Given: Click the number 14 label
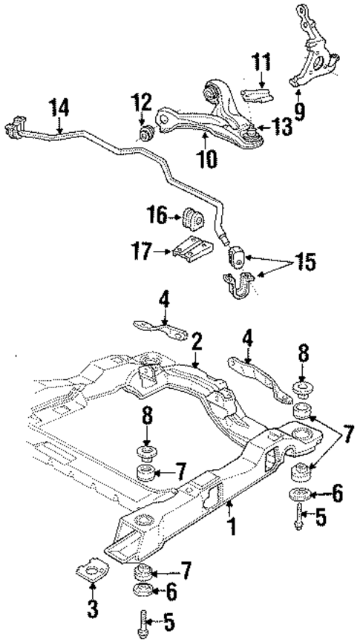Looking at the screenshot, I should [59, 107].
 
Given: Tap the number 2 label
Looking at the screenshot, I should [196, 343].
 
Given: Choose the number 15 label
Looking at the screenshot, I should [304, 262].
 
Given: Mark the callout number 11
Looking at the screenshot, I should [261, 63].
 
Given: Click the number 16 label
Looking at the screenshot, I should [159, 217].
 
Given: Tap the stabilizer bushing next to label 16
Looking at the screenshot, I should [192, 218].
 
